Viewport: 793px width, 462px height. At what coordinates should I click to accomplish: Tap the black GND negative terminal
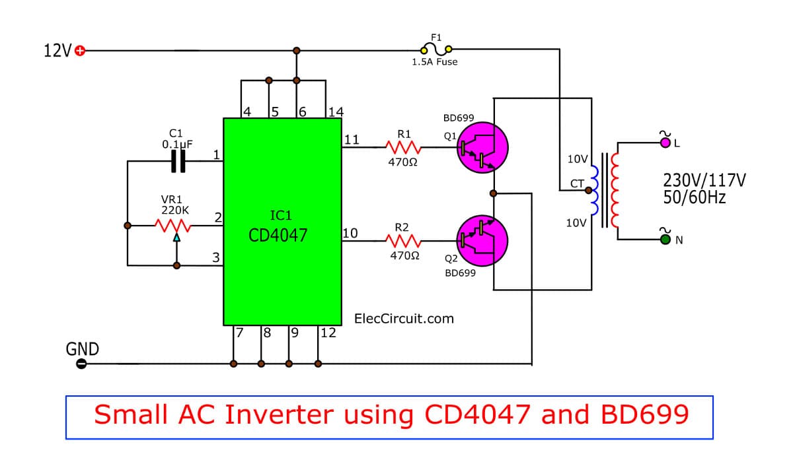pos(81,364)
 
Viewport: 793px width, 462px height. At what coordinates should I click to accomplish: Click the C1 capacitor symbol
pos(178,161)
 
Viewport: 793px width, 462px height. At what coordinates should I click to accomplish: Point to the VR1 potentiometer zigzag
pos(174,226)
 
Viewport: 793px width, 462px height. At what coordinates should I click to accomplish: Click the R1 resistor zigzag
pos(404,147)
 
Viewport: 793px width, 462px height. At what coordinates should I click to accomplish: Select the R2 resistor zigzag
pos(404,242)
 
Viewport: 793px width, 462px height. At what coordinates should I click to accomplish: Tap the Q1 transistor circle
pos(482,147)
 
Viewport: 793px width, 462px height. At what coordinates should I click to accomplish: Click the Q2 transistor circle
pos(482,242)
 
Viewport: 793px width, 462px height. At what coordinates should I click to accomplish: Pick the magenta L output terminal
pos(664,141)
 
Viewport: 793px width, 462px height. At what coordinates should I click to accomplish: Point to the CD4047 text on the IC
pos(278,235)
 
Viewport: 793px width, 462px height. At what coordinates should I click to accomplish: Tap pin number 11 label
pos(352,139)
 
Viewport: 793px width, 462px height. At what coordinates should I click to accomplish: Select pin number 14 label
pos(336,111)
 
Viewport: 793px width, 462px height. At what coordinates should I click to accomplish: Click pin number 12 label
pos(328,333)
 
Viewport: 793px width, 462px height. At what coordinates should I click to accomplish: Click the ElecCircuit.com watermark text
pos(404,319)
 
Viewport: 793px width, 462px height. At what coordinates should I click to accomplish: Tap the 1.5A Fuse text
pos(434,62)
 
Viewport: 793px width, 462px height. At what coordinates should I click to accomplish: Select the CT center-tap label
pos(576,184)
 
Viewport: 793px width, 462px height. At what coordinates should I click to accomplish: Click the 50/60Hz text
pos(695,197)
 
